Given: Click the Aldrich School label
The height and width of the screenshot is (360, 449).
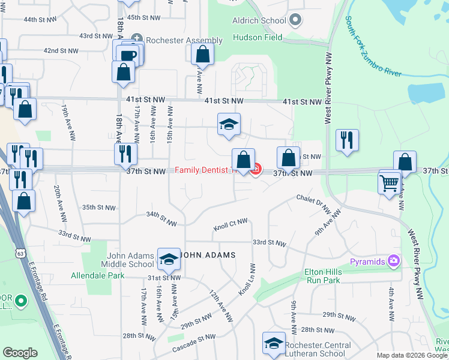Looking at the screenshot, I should pyautogui.click(x=259, y=20).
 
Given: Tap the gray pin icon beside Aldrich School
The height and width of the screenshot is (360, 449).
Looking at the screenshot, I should pyautogui.click(x=295, y=21).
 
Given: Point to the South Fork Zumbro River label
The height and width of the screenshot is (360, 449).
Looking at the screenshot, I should pyautogui.click(x=373, y=47).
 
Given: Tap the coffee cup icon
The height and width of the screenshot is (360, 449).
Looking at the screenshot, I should pyautogui.click(x=127, y=55).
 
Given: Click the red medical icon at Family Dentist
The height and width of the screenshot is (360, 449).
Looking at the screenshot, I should pyautogui.click(x=255, y=170).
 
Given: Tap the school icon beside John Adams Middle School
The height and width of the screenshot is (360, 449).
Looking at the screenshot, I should pyautogui.click(x=169, y=259).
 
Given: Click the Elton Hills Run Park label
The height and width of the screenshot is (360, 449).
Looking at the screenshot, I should pyautogui.click(x=323, y=275).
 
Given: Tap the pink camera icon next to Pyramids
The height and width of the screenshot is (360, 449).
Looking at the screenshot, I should pyautogui.click(x=393, y=260).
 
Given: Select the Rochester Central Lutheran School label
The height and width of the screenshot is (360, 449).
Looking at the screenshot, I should pyautogui.click(x=319, y=350).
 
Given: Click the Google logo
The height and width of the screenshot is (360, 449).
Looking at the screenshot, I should pyautogui.click(x=20, y=352).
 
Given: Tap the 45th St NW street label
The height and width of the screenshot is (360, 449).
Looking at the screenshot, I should pyautogui.click(x=142, y=18).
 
